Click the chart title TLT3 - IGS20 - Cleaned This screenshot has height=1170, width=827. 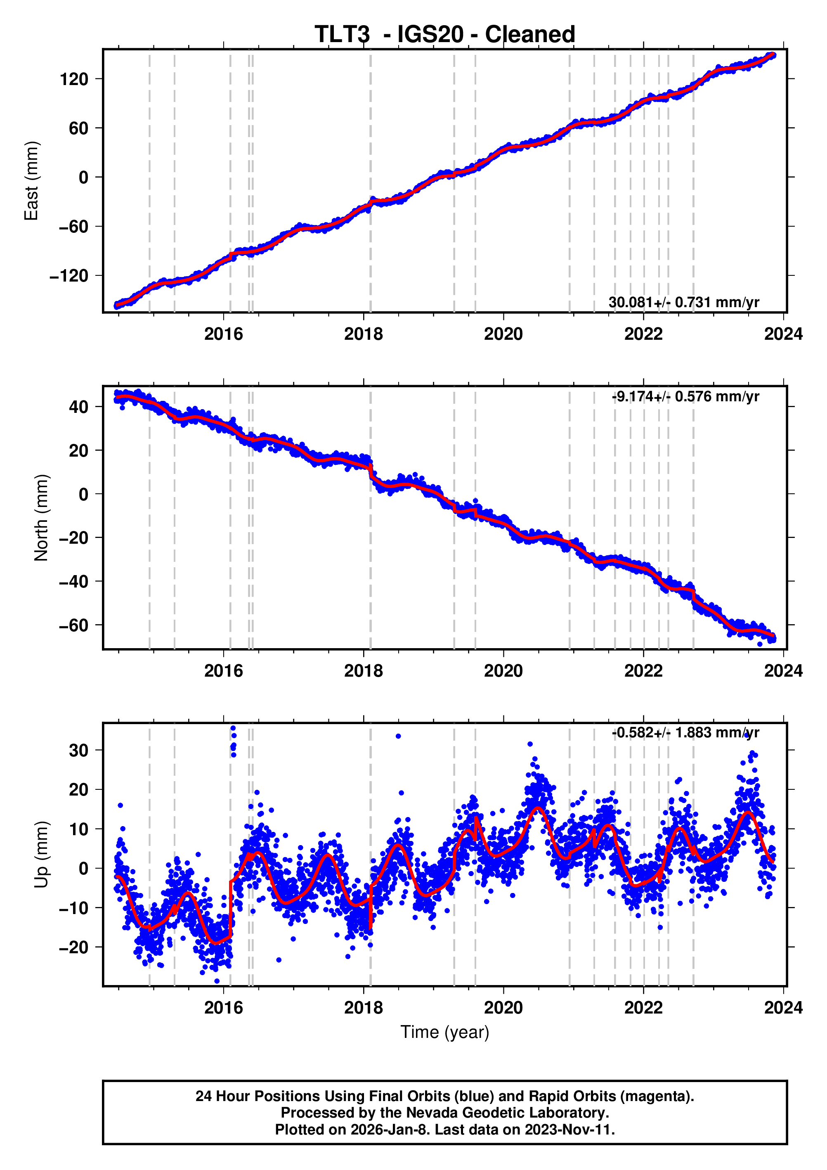(444, 35)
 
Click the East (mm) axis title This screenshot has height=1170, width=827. (32, 181)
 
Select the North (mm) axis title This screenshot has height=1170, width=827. (41, 518)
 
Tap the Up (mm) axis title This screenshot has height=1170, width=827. (41, 855)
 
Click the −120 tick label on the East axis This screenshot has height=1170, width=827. (69, 276)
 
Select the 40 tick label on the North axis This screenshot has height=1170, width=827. (78, 407)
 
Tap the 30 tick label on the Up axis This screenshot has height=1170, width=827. (78, 750)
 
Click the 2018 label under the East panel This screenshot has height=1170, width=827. (363, 334)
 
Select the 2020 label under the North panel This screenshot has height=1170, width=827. (503, 671)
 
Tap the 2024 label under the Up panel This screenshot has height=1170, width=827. (783, 1008)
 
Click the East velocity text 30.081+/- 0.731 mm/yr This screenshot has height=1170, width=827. (683, 302)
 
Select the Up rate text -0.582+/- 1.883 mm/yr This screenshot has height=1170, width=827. (685, 733)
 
